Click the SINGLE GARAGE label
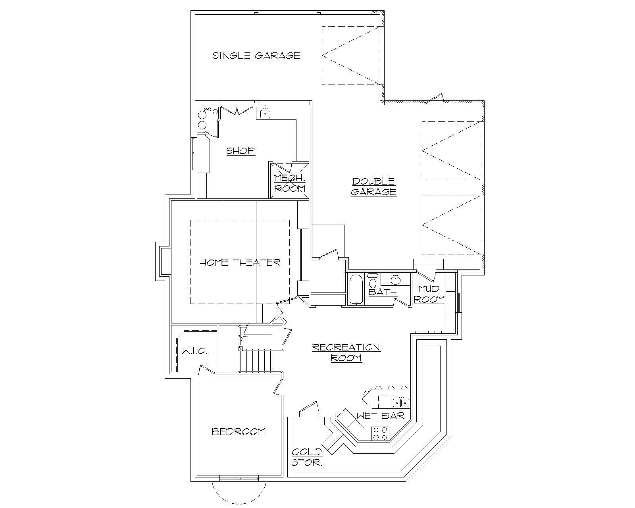(x=256, y=55)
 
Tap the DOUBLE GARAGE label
(x=373, y=187)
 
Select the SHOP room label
(x=240, y=151)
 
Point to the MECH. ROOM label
(x=290, y=183)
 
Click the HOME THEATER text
(x=240, y=263)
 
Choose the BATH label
(x=383, y=292)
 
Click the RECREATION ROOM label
(x=346, y=352)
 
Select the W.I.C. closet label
(x=195, y=352)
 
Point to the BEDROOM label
(x=238, y=431)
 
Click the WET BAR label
(x=380, y=416)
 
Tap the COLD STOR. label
(x=307, y=457)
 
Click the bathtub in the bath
(x=356, y=289)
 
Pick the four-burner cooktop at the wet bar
(x=380, y=433)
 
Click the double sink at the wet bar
(x=401, y=403)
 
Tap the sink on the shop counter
(x=265, y=114)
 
